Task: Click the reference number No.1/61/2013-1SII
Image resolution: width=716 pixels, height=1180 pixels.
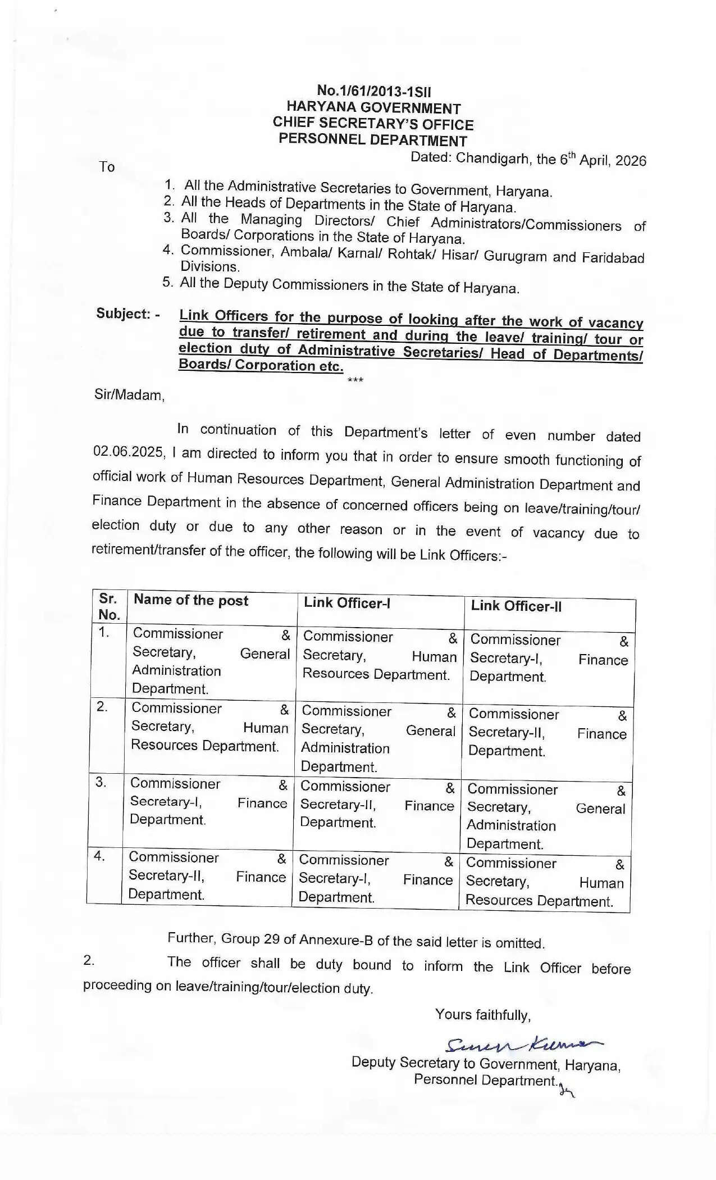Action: (374, 91)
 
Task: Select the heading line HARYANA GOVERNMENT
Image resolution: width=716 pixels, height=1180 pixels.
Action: (373, 108)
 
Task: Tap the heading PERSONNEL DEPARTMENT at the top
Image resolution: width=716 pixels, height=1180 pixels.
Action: (373, 140)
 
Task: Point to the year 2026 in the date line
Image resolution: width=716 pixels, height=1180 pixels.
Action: (631, 161)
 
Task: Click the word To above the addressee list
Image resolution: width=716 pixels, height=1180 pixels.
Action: (107, 167)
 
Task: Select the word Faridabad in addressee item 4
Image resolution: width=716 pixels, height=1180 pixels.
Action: (613, 258)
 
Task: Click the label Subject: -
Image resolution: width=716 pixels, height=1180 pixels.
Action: (127, 314)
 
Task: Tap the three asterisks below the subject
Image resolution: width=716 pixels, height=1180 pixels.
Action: (355, 380)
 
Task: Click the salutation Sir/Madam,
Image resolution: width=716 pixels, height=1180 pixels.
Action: (130, 395)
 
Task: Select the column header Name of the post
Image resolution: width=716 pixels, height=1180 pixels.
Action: (191, 600)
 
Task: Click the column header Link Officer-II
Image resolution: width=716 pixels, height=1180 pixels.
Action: (516, 606)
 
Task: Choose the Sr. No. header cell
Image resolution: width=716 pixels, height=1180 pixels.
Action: (109, 606)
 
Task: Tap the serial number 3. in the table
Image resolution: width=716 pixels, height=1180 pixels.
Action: (101, 782)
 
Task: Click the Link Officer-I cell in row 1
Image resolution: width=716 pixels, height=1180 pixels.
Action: (379, 656)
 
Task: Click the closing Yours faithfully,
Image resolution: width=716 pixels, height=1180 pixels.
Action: (483, 1015)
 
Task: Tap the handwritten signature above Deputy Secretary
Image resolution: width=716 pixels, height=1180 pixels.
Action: (522, 1043)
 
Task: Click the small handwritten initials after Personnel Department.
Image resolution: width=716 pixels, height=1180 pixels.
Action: (567, 1091)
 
